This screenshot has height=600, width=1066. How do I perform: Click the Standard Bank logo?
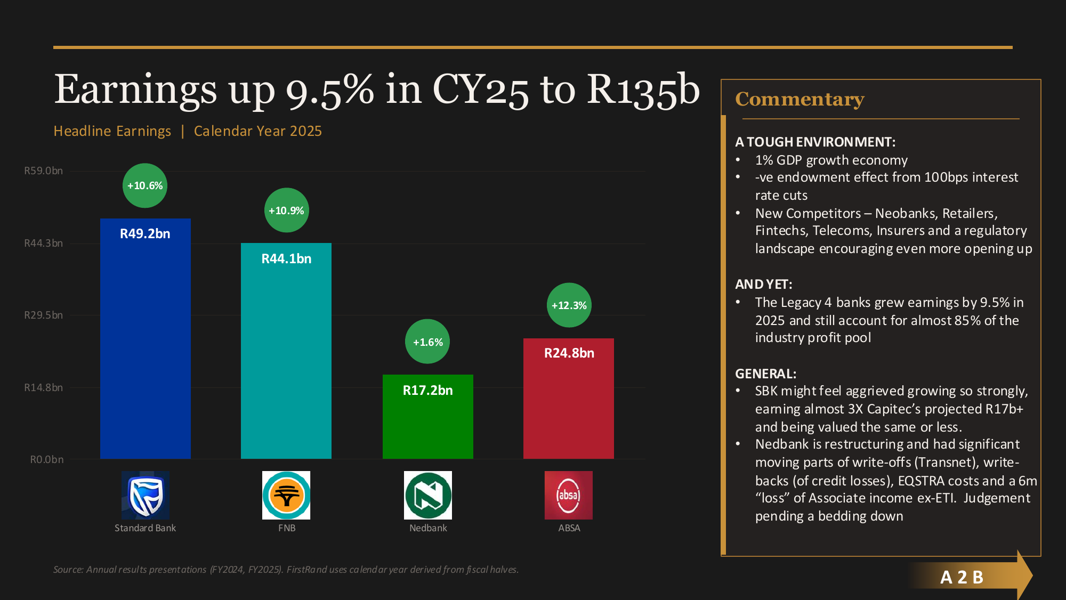point(145,495)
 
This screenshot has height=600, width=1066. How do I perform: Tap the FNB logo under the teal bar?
point(286,495)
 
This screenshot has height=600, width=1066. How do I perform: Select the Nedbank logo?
point(428,495)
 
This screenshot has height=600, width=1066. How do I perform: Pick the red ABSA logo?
point(569,495)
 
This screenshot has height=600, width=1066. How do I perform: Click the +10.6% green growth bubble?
point(145,185)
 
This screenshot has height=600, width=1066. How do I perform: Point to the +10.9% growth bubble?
point(286,210)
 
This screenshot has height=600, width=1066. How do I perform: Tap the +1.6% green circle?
point(427,342)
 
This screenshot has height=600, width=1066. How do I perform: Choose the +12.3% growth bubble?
point(569,305)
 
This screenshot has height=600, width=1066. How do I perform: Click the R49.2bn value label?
point(145,234)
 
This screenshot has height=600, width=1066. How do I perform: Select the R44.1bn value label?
point(286,259)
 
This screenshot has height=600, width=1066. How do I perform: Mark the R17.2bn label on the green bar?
point(427,391)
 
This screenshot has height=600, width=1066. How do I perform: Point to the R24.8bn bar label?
point(569,353)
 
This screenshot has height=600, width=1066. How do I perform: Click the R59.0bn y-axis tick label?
point(43,171)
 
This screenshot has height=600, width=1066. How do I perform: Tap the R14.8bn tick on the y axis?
point(43,388)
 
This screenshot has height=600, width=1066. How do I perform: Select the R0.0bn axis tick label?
point(46,460)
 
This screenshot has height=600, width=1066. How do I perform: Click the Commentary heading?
point(799,100)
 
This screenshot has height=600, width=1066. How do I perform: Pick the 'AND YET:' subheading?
point(763,285)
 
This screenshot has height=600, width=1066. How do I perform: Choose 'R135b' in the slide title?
point(643,90)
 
